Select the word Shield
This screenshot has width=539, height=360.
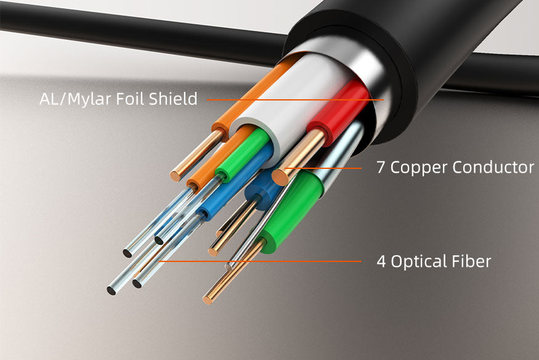[x=173, y=99]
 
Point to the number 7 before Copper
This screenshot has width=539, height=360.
[x=381, y=168]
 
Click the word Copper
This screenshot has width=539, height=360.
[x=418, y=168]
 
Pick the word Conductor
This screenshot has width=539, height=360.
[x=493, y=168]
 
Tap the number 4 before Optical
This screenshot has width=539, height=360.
[x=381, y=261]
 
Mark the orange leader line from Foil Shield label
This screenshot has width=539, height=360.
[x=295, y=100]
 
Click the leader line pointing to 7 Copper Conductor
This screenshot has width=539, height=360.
[x=323, y=168]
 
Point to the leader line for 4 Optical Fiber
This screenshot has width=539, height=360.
[x=260, y=261]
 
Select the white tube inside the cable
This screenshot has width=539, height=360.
[x=292, y=100]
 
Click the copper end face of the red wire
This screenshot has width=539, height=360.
[x=280, y=178]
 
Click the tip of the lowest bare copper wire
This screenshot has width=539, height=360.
[x=207, y=300]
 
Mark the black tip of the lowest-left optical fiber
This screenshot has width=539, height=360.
[x=111, y=290]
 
